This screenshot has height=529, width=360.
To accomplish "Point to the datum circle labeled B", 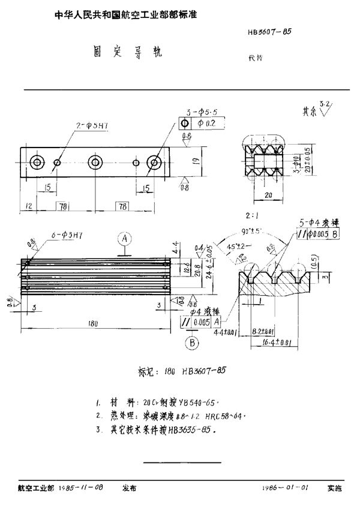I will [x=194, y=343].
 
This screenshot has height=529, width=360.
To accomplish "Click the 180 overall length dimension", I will [x=92, y=323].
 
